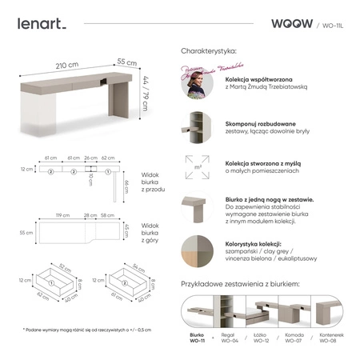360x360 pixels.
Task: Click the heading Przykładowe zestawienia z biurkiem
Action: tap(241, 284)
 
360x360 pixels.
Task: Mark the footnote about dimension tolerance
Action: tap(87, 329)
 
